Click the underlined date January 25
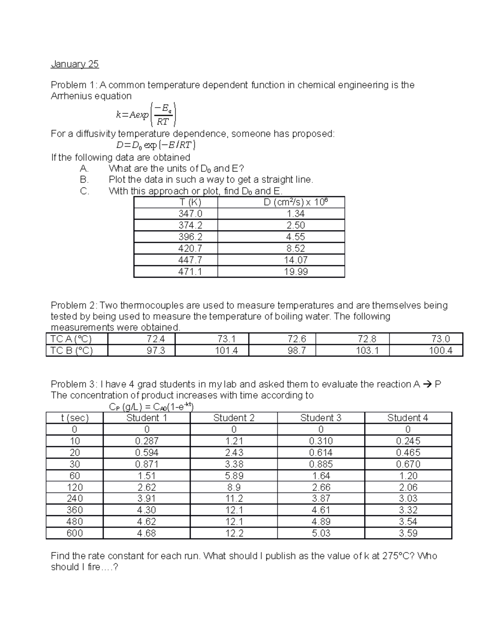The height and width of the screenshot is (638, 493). pos(75,64)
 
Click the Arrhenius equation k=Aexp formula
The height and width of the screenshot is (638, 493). pos(146,115)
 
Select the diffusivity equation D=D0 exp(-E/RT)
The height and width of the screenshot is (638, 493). pos(156,145)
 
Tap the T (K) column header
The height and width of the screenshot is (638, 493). pos(190,202)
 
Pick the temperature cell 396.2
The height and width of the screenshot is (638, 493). pos(190,237)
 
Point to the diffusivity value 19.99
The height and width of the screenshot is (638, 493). pos(296,272)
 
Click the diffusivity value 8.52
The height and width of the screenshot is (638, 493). pos(296,249)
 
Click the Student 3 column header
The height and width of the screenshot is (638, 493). pos(320,418)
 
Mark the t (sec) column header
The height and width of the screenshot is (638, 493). pos(75,418)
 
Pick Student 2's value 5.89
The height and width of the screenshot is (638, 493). pos(233,476)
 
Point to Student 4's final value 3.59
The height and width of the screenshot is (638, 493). pos(408,533)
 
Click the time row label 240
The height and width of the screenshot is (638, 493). pos(75,499)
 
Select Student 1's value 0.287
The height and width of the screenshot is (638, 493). pos(147,441)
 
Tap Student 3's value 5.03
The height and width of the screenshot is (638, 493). pos(320,533)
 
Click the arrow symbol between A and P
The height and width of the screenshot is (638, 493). pos(427,385)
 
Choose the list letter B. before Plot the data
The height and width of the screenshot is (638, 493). pos(84,180)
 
